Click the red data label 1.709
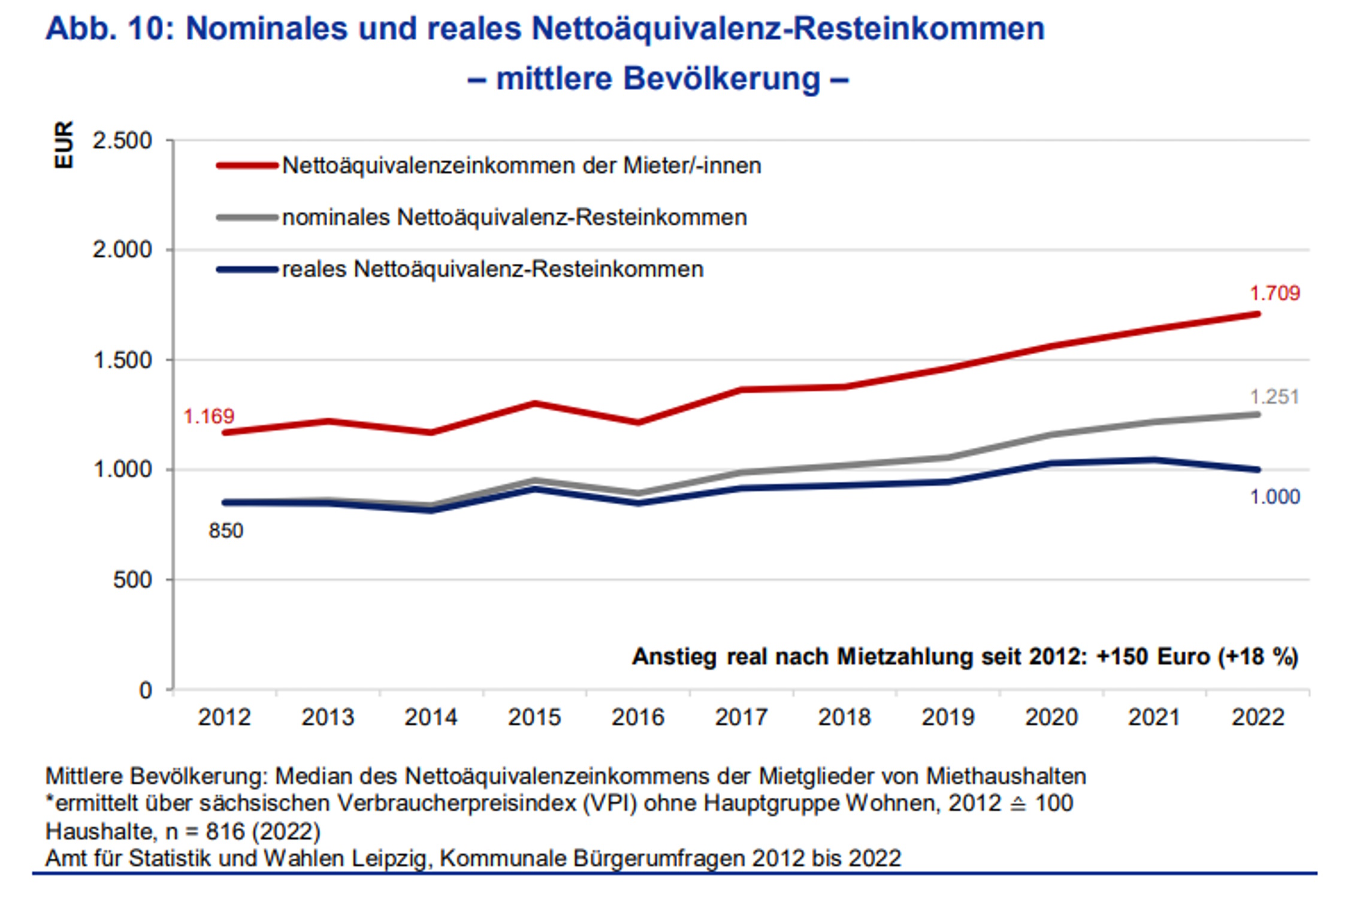click(1274, 294)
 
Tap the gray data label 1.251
click(1274, 397)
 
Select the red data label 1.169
click(208, 416)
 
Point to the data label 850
click(226, 531)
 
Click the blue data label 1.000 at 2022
click(1274, 497)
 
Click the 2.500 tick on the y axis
click(122, 141)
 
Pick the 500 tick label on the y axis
click(132, 580)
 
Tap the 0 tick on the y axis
click(146, 690)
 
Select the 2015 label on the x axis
click(534, 717)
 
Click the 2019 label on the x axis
click(948, 717)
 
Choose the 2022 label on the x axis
click(1258, 717)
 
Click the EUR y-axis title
click(64, 145)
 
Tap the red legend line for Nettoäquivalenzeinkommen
click(247, 165)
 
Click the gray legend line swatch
click(247, 218)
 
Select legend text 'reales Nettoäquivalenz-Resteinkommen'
click(492, 270)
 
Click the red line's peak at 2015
click(534, 403)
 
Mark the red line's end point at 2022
click(1258, 314)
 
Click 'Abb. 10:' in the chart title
click(110, 29)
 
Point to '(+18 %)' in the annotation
click(1258, 657)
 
